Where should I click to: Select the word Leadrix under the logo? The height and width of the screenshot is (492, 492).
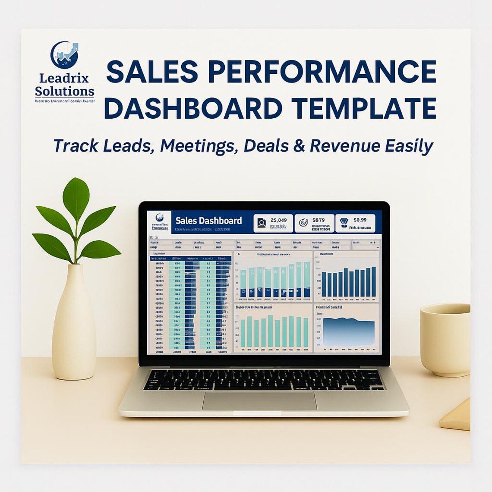click(64, 78)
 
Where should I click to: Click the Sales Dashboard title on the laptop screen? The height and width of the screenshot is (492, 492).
click(208, 221)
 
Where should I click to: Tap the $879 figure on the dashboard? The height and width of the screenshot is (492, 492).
click(319, 220)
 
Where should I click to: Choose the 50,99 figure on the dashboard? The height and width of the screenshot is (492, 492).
click(360, 220)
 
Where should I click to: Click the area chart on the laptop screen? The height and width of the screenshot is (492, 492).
click(349, 331)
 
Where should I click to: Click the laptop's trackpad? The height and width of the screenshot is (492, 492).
click(259, 401)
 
